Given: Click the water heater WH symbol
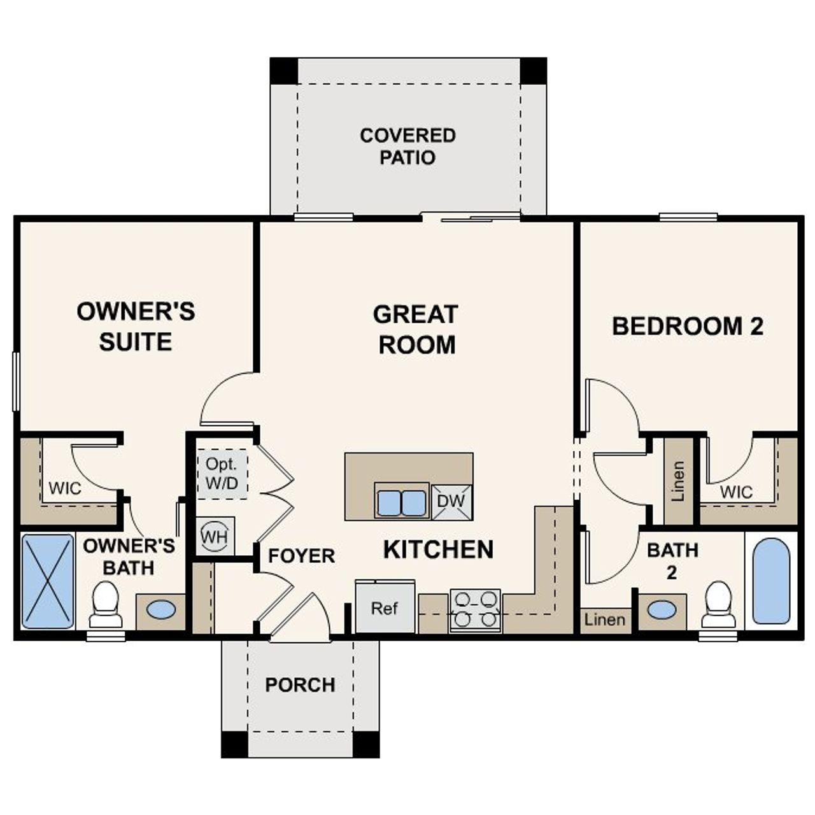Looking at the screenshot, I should click(215, 536).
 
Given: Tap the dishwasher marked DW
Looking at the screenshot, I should click(451, 501).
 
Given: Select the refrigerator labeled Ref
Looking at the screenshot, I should click(385, 608).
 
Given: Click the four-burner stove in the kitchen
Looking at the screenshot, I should click(475, 610).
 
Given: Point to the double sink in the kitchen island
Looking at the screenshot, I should click(402, 501).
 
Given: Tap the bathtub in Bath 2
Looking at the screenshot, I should click(771, 581).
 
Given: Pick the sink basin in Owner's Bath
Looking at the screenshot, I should click(161, 609).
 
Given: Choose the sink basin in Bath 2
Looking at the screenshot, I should click(662, 610).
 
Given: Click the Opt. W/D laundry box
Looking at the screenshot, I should click(222, 474).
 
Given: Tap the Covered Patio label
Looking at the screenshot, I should click(407, 146).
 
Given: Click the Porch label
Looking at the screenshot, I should click(300, 685).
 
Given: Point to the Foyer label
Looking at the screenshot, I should click(301, 556).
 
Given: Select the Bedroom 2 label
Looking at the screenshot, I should click(688, 326).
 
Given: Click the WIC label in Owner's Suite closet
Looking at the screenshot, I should click(65, 488).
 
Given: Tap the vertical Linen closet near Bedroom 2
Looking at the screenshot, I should click(679, 481).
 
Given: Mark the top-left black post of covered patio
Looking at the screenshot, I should click(283, 71).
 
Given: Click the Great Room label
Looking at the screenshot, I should click(416, 329).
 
